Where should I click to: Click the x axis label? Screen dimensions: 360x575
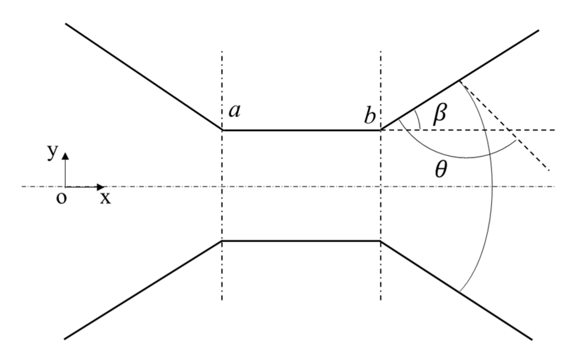point(105,199)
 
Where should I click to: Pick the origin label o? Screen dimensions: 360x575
point(61,199)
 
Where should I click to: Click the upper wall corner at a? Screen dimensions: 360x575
point(222,130)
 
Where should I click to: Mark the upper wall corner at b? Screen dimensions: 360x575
point(381,130)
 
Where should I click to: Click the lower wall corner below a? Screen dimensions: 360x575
point(222,241)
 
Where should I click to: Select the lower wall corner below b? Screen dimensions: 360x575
point(381,241)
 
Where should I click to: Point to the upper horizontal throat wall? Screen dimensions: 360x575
point(301,130)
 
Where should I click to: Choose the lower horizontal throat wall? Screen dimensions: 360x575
point(301,241)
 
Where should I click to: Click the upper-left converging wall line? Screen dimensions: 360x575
point(143,77)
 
